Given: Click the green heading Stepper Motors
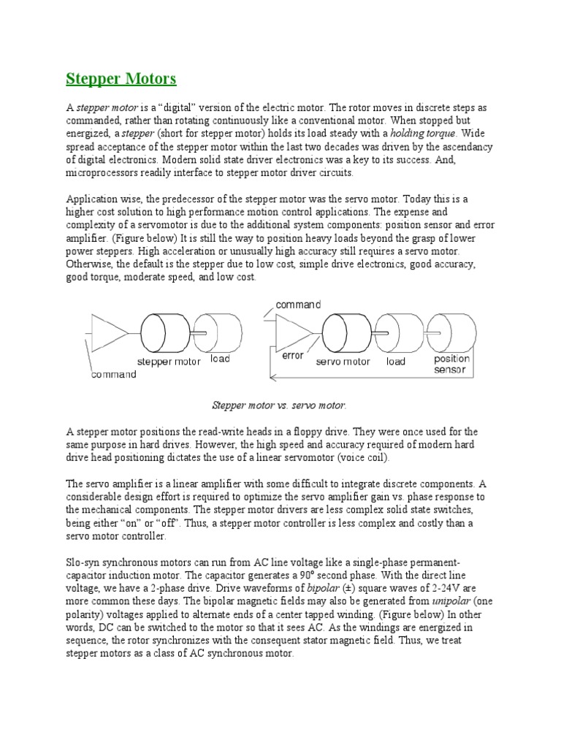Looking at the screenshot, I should [121, 78].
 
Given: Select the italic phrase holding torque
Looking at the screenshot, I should [423, 133].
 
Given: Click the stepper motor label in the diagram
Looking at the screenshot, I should [169, 361].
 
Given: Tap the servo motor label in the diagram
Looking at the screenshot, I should [343, 362].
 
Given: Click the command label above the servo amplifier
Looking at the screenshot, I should [297, 305].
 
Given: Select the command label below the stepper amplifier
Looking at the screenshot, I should [113, 375].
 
